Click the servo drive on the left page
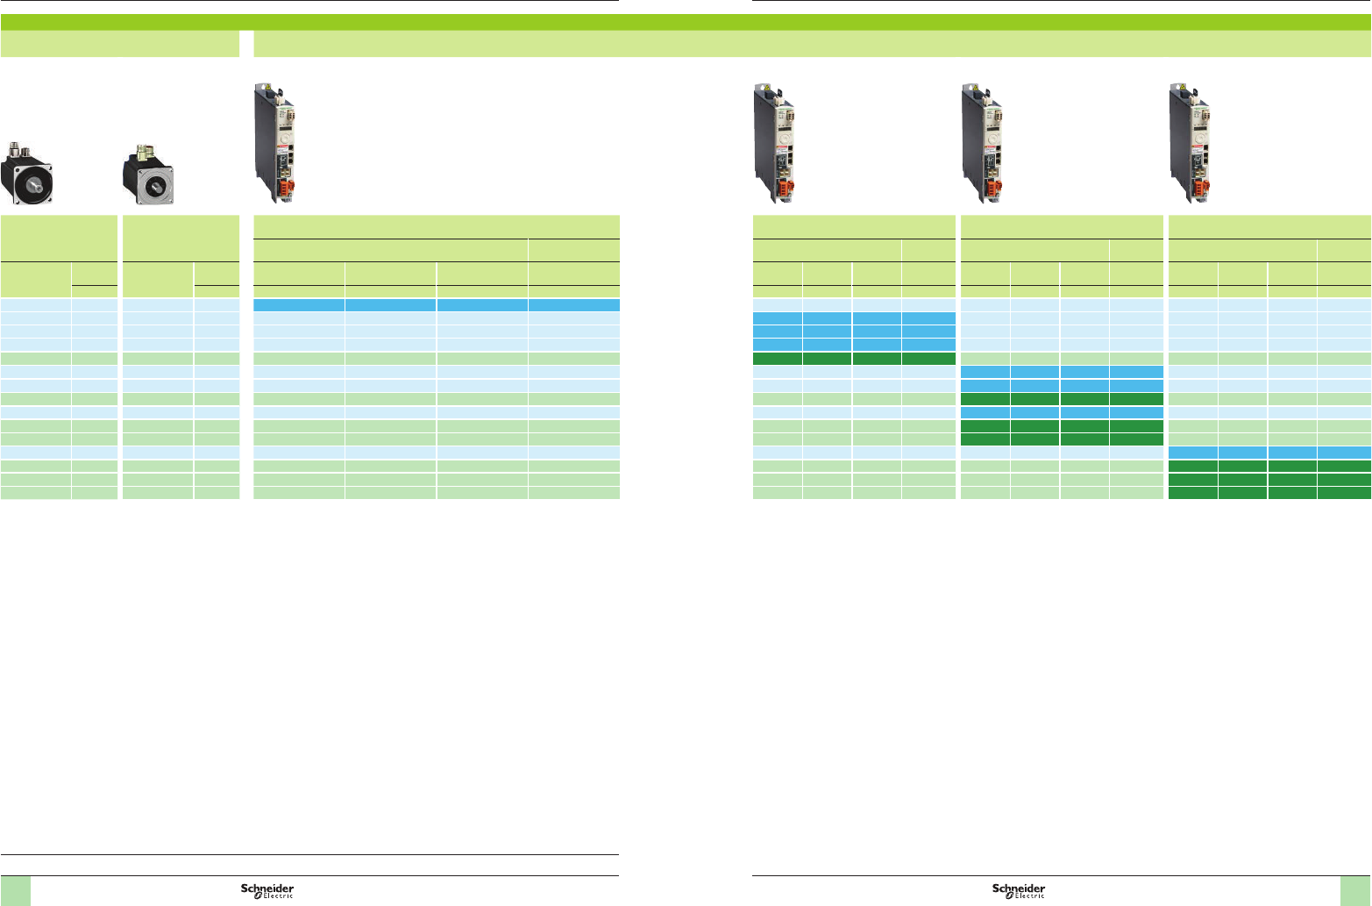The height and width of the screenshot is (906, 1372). (273, 143)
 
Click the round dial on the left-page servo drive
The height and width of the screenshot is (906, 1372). (283, 139)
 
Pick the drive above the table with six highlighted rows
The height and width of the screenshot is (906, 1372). (981, 143)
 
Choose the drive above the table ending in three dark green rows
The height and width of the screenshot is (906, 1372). (1190, 143)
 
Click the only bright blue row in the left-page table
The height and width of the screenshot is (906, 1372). (436, 305)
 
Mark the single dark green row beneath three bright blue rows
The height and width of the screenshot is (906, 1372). (853, 358)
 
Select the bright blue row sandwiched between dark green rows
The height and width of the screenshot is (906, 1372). (1062, 412)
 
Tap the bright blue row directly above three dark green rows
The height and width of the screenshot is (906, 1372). (1269, 453)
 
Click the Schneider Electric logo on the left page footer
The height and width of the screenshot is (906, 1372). (267, 890)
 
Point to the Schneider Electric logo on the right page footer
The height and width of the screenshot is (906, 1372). (1019, 890)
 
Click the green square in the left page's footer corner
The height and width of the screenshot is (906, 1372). (16, 891)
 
